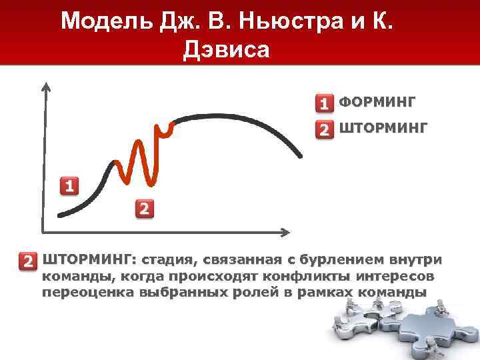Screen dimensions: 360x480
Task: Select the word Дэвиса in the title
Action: tap(226, 50)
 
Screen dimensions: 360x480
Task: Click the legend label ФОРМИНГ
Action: tap(377, 102)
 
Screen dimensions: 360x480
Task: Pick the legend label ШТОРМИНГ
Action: tap(383, 127)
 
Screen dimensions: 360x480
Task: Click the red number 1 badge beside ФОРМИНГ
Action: tap(324, 104)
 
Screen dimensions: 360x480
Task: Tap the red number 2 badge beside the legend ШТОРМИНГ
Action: tap(324, 129)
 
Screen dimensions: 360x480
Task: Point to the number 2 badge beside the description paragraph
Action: tap(28, 261)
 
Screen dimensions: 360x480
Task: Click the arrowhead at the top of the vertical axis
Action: tap(45, 87)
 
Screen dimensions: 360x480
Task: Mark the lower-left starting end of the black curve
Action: tap(60, 215)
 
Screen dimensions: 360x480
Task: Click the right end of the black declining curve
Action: tap(299, 156)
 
